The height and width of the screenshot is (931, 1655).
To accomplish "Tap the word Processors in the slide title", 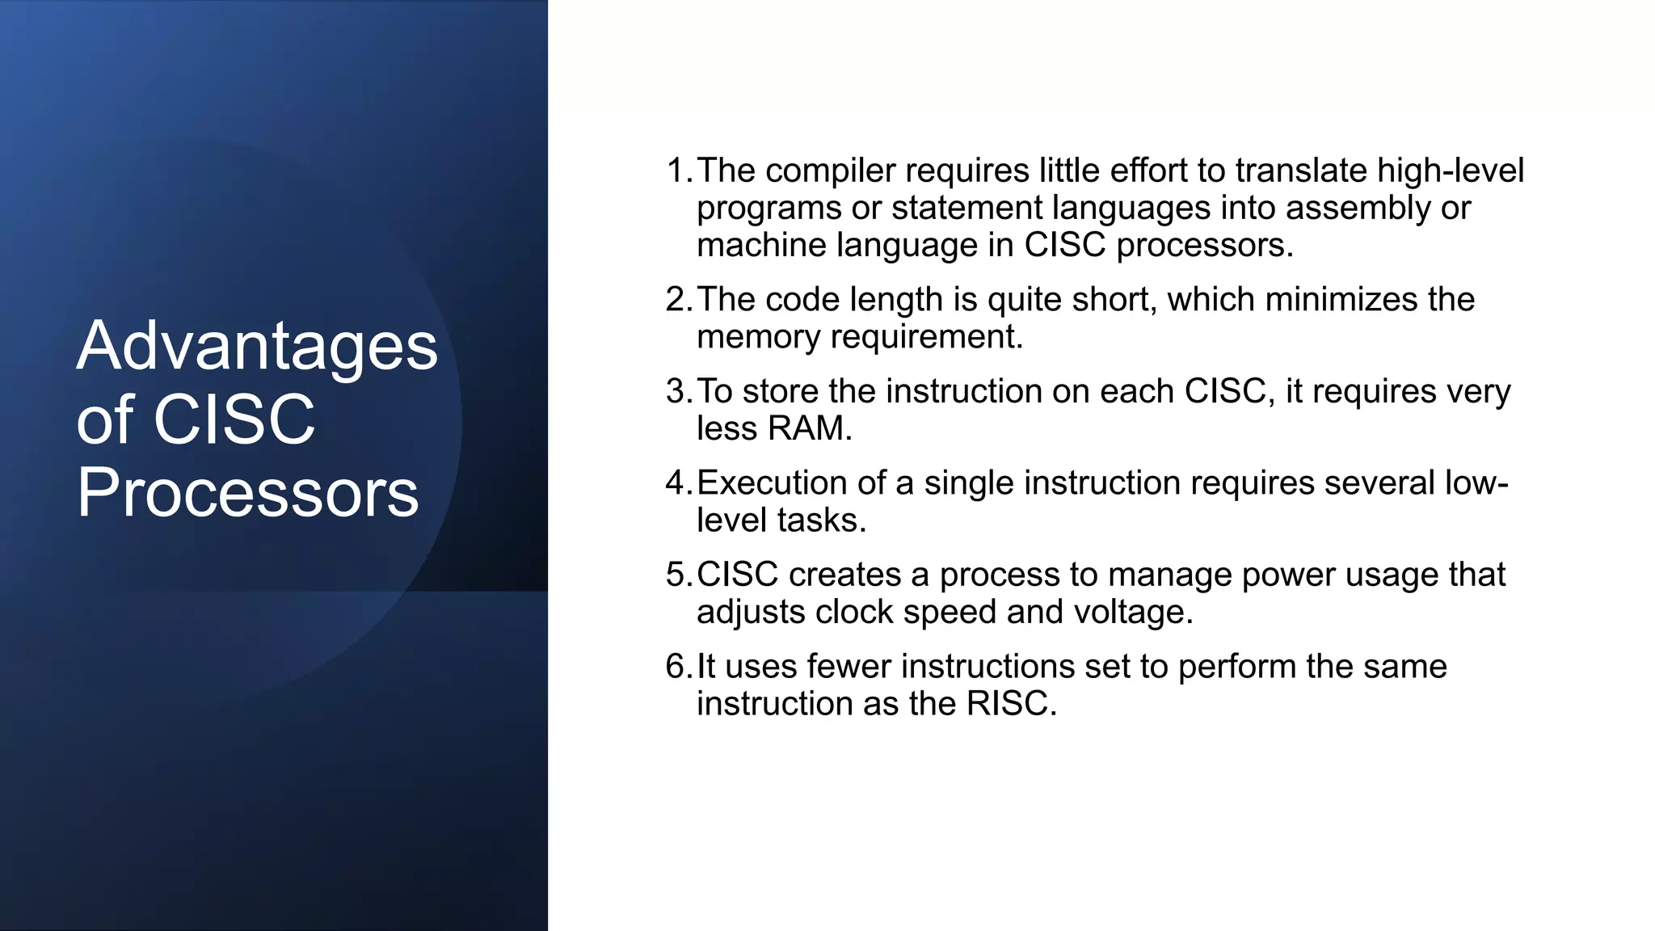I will [x=247, y=493].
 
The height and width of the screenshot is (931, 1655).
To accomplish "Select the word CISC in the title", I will [x=234, y=420].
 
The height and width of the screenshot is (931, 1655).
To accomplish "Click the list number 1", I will [x=676, y=171].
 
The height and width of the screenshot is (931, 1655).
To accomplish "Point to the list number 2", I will [x=676, y=300].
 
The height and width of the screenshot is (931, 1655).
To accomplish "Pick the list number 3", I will [x=676, y=391].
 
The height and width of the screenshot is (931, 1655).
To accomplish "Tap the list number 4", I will [x=676, y=482].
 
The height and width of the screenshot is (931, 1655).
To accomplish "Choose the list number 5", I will [x=676, y=575].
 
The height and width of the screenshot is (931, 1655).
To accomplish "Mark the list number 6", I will [x=676, y=667].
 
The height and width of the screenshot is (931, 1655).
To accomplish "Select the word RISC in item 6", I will [x=1010, y=704].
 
